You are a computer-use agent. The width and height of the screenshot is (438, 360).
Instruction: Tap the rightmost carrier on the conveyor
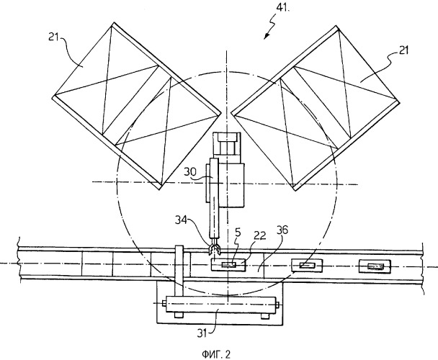tap(375, 267)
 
